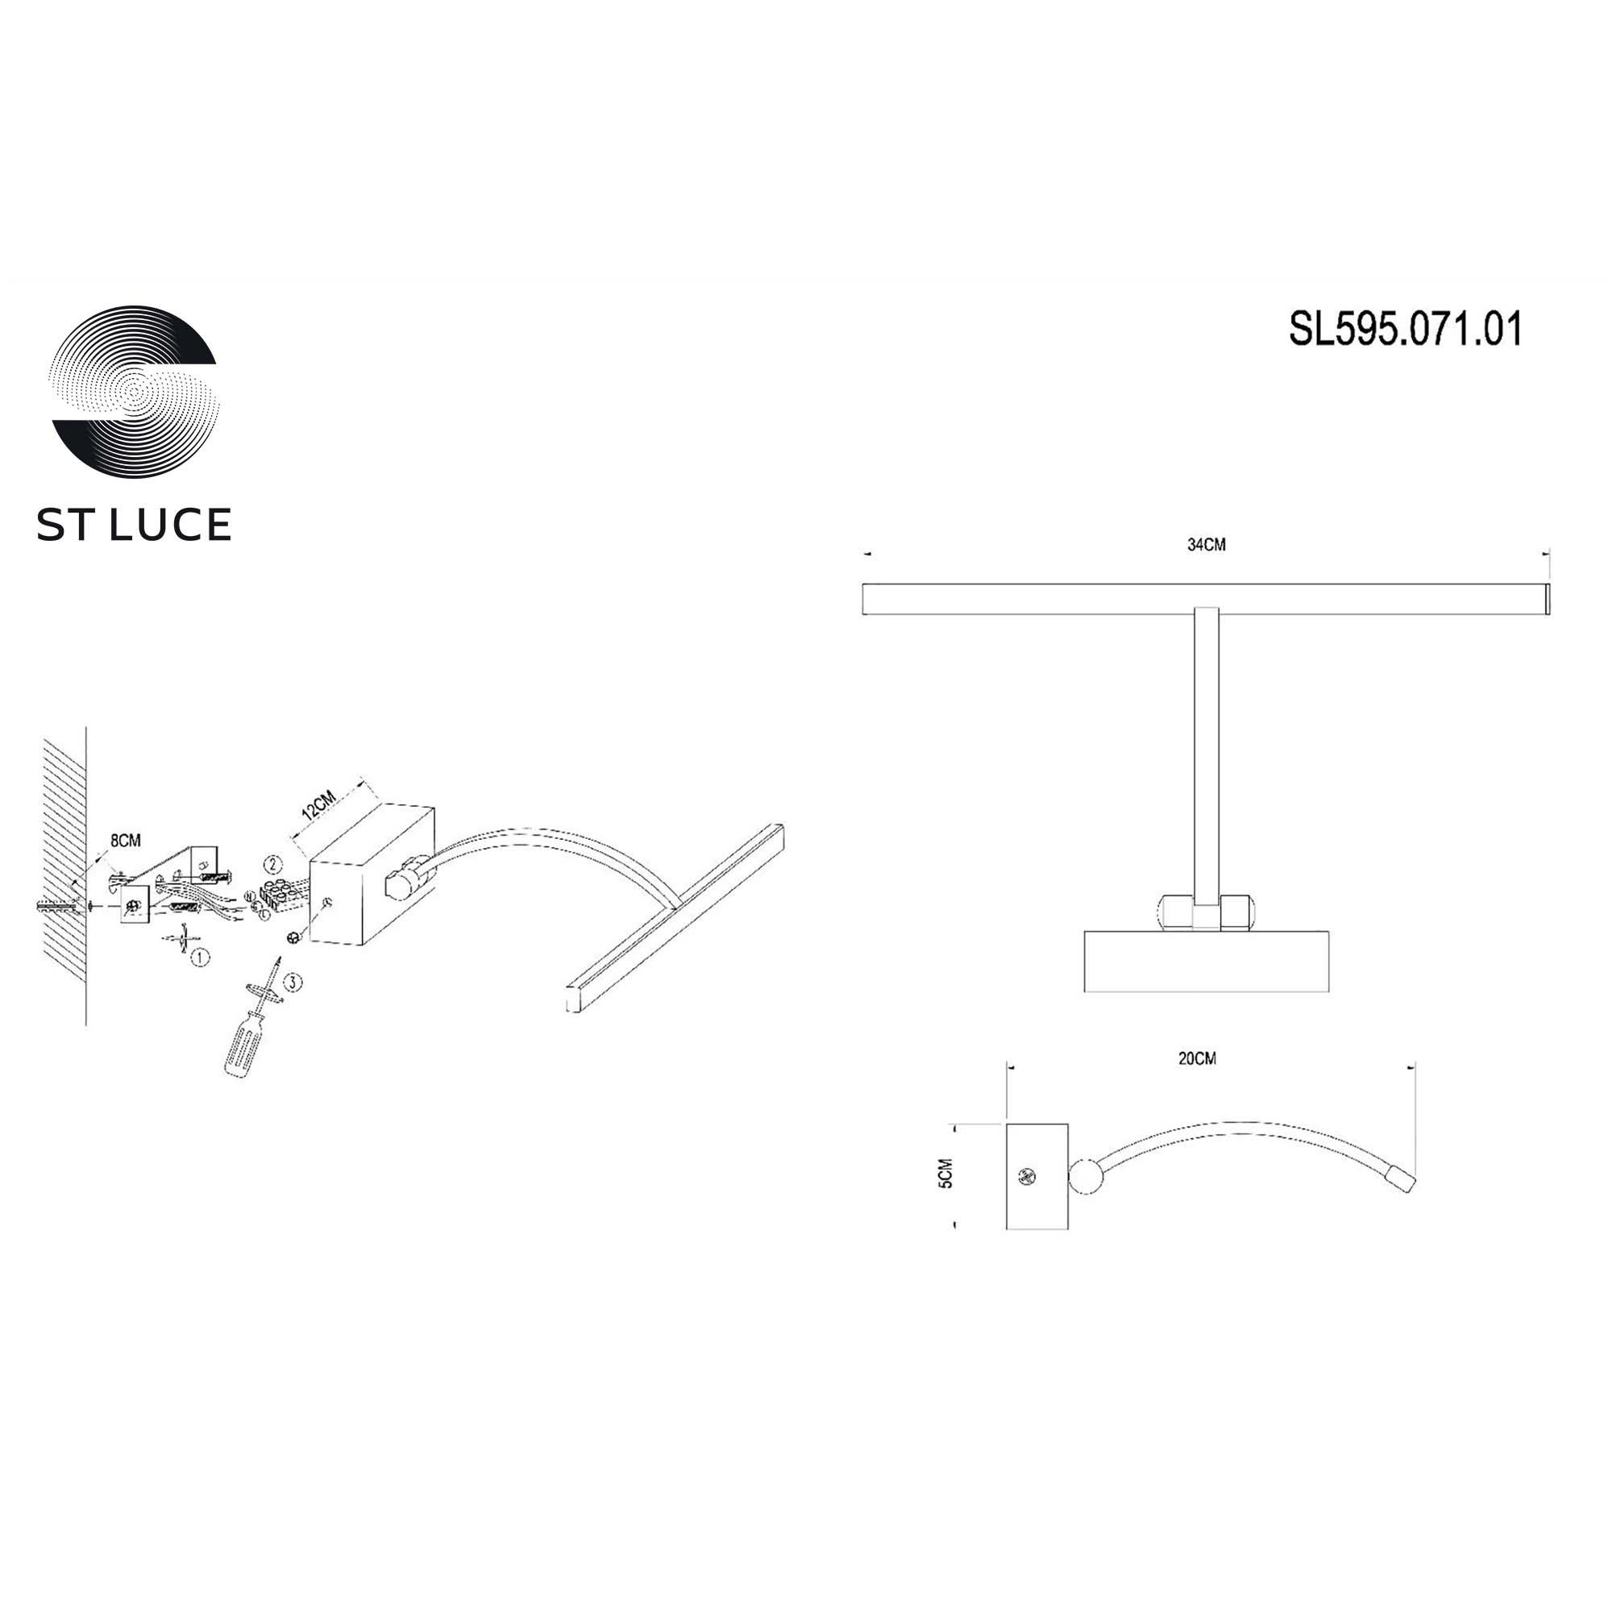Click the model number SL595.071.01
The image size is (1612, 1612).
pyautogui.click(x=1405, y=330)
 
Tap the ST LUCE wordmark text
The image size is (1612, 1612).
pyautogui.click(x=134, y=525)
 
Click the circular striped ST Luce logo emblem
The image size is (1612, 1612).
pyautogui.click(x=135, y=392)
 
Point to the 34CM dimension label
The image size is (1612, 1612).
pyautogui.click(x=1207, y=546)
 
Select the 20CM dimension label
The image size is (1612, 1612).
pyautogui.click(x=1198, y=1059)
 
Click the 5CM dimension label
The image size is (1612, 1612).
pyautogui.click(x=945, y=1174)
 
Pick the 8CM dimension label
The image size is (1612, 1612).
pyautogui.click(x=125, y=840)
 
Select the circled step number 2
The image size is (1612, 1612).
pyautogui.click(x=273, y=864)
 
